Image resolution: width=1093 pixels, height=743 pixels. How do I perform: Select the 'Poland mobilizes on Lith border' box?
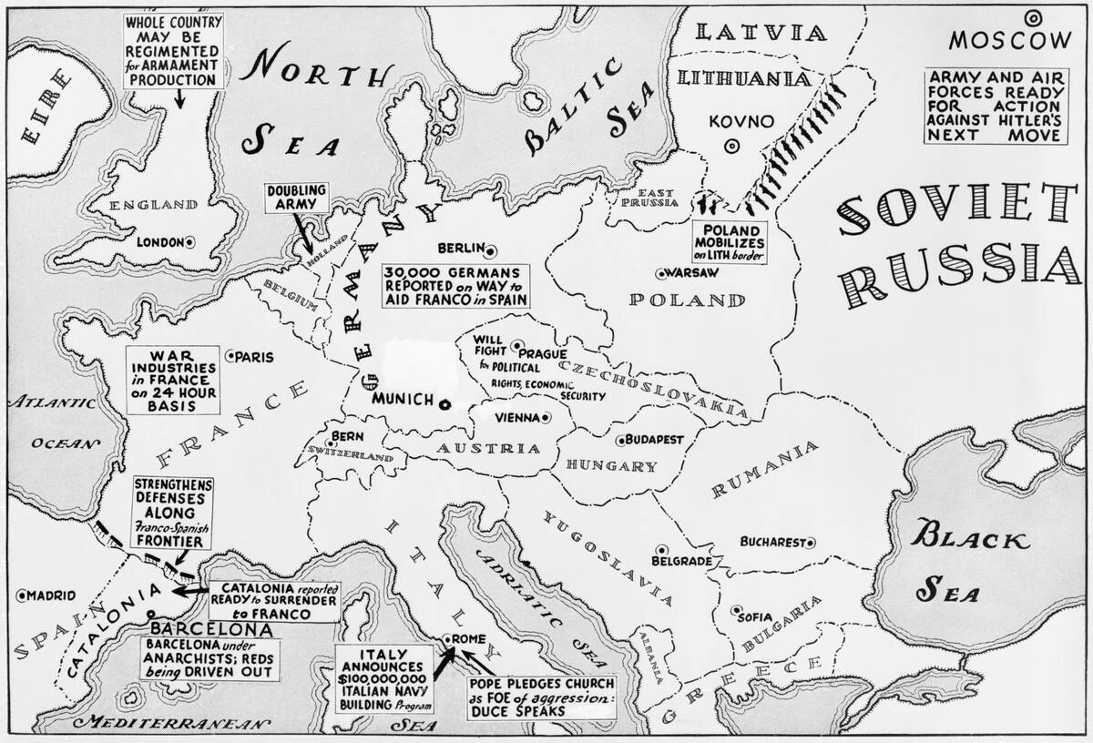click(x=731, y=239)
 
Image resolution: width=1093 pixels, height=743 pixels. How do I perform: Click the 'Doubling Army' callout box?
click(x=296, y=198)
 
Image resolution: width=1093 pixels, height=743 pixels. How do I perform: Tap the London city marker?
click(x=189, y=243)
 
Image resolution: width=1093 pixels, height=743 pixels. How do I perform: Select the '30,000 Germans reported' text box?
click(x=456, y=285)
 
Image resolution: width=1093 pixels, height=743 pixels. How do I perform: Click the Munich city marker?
click(x=444, y=404)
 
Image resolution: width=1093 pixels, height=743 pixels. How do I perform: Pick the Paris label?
click(x=254, y=357)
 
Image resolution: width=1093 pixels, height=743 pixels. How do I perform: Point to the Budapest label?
click(x=655, y=439)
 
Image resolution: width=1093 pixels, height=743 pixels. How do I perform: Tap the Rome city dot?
click(x=446, y=640)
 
